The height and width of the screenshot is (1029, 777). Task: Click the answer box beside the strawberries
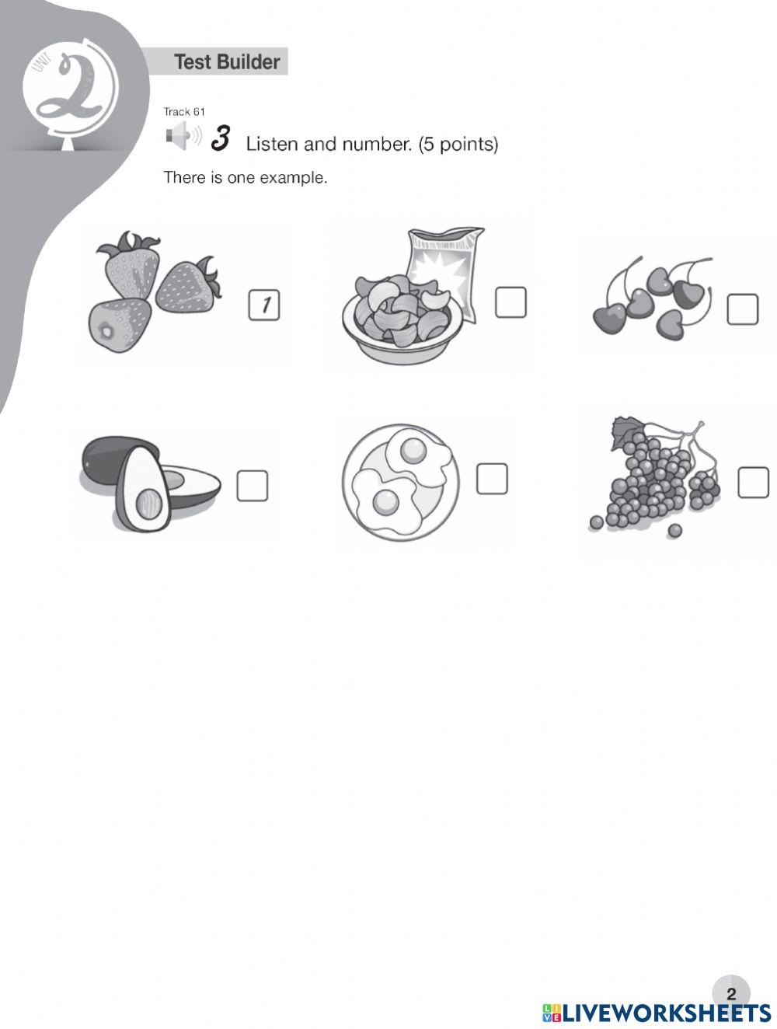tap(264, 305)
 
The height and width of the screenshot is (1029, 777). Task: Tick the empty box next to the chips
tap(510, 302)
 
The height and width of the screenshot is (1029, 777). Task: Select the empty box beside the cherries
tap(742, 309)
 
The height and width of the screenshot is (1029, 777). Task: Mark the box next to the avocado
tap(252, 486)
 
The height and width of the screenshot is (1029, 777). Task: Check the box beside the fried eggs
tap(492, 479)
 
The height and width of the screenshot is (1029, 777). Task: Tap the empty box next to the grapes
tap(753, 482)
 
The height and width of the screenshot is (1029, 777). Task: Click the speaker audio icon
tap(183, 136)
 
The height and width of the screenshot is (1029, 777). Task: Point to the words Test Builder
tap(227, 62)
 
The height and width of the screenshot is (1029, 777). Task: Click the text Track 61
tap(184, 112)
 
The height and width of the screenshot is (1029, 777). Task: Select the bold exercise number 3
tap(220, 138)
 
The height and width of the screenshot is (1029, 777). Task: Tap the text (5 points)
tap(458, 144)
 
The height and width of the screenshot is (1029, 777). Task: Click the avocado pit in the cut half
tap(149, 503)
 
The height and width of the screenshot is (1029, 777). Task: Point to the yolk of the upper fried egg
tap(413, 450)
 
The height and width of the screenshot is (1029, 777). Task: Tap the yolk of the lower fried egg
tap(386, 502)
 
